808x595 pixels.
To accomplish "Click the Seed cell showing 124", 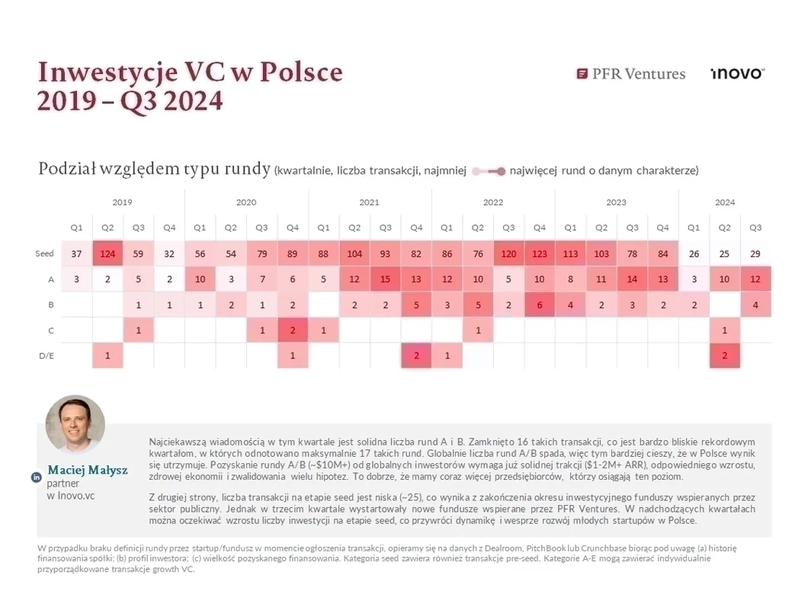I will coord(107,253).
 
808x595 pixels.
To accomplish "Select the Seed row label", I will coord(44,253).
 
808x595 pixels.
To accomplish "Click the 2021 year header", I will coord(369,202).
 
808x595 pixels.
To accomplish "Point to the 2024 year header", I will coord(725,202).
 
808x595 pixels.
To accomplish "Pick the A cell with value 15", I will coord(386,279).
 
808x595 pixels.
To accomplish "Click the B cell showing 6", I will coord(540,304).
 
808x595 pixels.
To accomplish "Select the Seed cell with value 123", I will coord(540,253).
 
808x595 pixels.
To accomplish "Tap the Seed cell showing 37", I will coord(76,253).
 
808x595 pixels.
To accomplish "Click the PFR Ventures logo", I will coord(631,74).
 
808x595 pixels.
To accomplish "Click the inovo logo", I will coord(736,73).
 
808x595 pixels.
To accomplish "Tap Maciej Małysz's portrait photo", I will coord(75,425).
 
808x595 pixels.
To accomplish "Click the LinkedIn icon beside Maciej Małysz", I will coord(36,478).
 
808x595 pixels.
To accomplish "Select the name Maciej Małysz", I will coord(88,471).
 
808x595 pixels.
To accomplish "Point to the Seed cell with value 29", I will coord(755,253).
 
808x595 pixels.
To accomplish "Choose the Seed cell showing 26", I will coord(694,253).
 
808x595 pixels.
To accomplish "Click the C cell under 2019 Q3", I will coord(138,330).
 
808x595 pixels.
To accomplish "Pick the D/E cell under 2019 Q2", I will coord(107,355).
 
